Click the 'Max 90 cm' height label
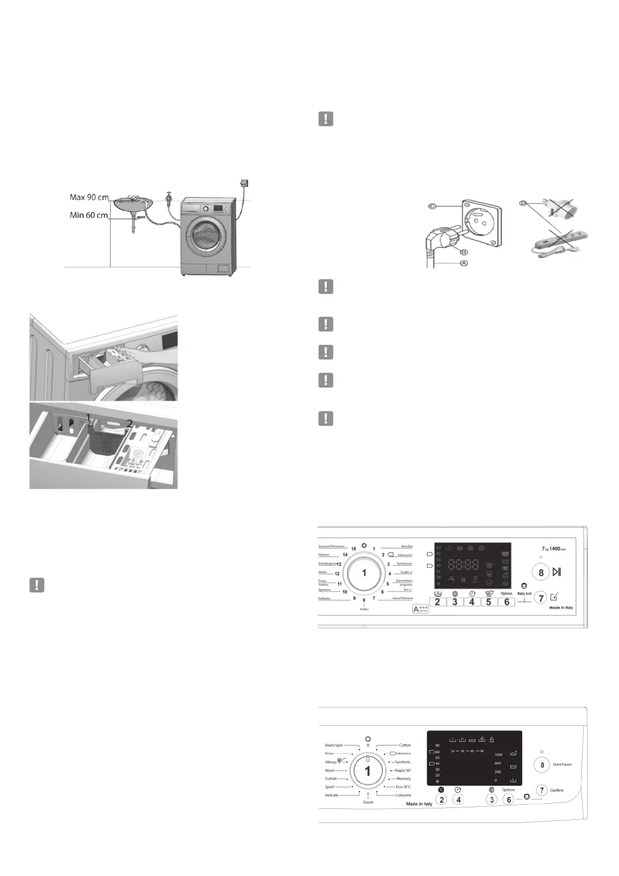pyautogui.click(x=89, y=198)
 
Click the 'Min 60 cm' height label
pyautogui.click(x=89, y=215)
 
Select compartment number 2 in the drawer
pyautogui.click(x=129, y=423)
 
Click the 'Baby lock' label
pyautogui.click(x=524, y=594)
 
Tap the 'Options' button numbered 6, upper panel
pyautogui.click(x=507, y=602)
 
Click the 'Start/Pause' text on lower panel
pyautogui.click(x=562, y=764)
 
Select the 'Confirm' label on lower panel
pyautogui.click(x=557, y=790)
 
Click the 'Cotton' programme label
pyautogui.click(x=405, y=745)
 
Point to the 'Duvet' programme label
pyautogui.click(x=368, y=802)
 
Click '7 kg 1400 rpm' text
pyautogui.click(x=553, y=549)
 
